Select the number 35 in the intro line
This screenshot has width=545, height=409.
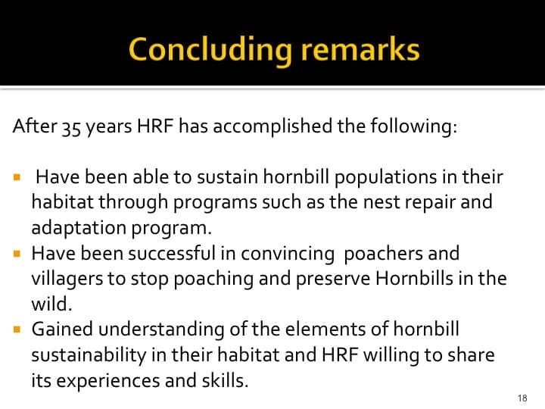point(73,126)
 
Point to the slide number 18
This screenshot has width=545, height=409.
point(522,398)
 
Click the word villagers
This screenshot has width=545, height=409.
point(63,279)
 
